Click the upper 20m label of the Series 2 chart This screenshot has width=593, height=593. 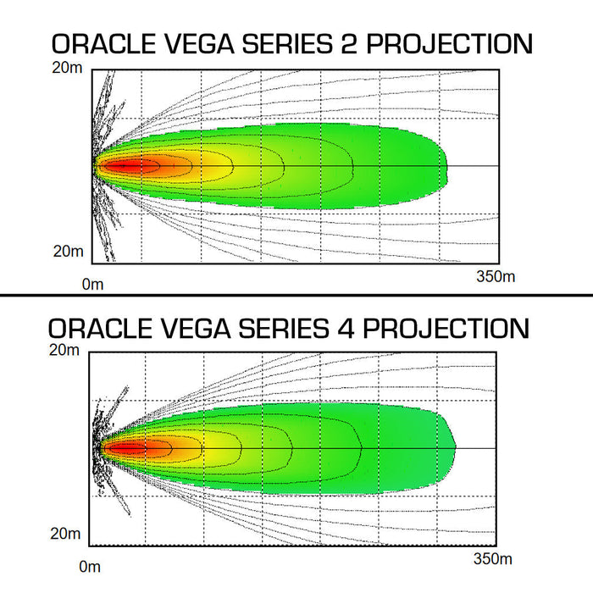(68, 69)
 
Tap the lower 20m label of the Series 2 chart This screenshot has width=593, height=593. (68, 251)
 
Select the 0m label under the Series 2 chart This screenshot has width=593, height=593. (92, 284)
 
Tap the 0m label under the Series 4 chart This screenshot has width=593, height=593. (89, 566)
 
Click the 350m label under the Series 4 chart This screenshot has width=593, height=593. (492, 559)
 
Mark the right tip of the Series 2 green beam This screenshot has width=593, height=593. (446, 166)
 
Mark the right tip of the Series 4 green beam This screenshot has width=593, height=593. (455, 447)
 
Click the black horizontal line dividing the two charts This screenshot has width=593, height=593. (296, 295)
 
